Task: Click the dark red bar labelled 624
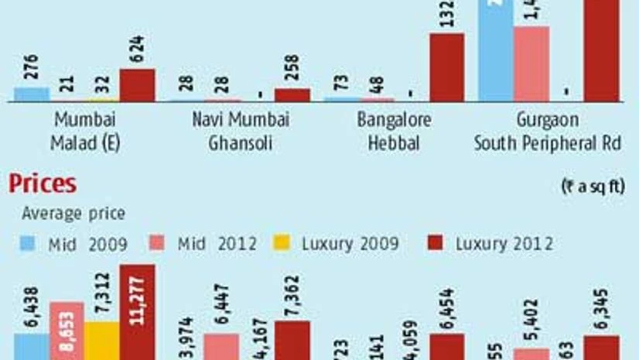pyautogui.click(x=137, y=85)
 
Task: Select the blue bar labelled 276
pyautogui.click(x=32, y=94)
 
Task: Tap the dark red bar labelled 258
pyautogui.click(x=292, y=94)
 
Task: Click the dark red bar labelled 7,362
pyautogui.click(x=292, y=341)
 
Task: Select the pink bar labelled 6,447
pyautogui.click(x=221, y=347)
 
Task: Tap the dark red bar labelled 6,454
pyautogui.click(x=446, y=347)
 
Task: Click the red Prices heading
pyautogui.click(x=43, y=184)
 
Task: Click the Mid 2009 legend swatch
pyautogui.click(x=27, y=245)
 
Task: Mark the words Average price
pyautogui.click(x=73, y=214)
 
